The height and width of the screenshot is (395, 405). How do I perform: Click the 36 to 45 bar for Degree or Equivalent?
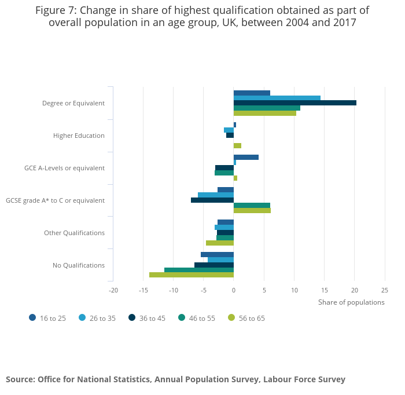click(294, 103)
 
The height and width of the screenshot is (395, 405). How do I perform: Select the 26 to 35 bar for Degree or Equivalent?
click(277, 98)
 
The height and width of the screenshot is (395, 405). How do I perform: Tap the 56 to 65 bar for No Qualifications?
click(192, 275)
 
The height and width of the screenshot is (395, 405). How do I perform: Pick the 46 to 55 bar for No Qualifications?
click(199, 270)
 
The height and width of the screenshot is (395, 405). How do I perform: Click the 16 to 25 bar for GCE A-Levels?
click(246, 158)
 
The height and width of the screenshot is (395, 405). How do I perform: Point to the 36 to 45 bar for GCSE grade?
click(212, 200)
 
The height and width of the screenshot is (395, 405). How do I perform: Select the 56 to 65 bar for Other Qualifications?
click(220, 243)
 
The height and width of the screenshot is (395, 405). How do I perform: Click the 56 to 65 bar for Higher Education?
click(237, 146)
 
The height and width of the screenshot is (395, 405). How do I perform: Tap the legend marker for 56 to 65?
click(231, 317)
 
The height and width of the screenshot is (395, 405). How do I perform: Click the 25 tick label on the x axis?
click(385, 290)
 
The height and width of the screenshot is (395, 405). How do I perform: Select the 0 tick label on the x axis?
click(234, 290)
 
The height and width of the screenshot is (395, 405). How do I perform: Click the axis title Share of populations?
click(351, 302)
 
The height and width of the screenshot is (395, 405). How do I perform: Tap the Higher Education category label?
click(79, 136)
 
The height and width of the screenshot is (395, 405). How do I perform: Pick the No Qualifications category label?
click(79, 265)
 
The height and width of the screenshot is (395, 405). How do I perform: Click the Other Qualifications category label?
click(74, 233)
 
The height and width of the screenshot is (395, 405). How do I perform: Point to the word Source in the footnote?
click(20, 379)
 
